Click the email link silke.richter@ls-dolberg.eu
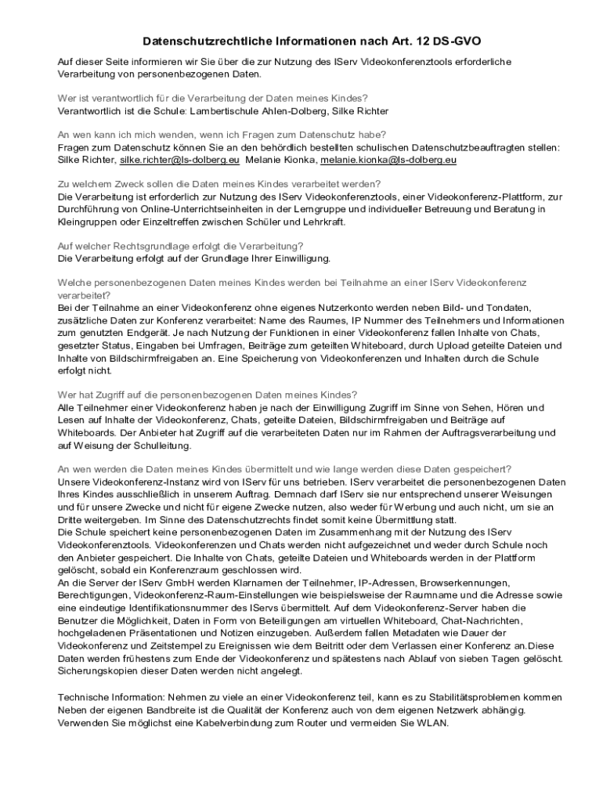[x=179, y=160]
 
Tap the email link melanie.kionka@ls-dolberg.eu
[x=388, y=160]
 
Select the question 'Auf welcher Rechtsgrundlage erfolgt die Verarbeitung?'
[x=181, y=246]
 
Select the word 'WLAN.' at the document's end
[x=433, y=723]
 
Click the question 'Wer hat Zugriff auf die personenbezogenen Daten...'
[x=208, y=394]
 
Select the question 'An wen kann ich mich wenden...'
[x=222, y=135]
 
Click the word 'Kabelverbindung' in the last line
[x=235, y=723]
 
